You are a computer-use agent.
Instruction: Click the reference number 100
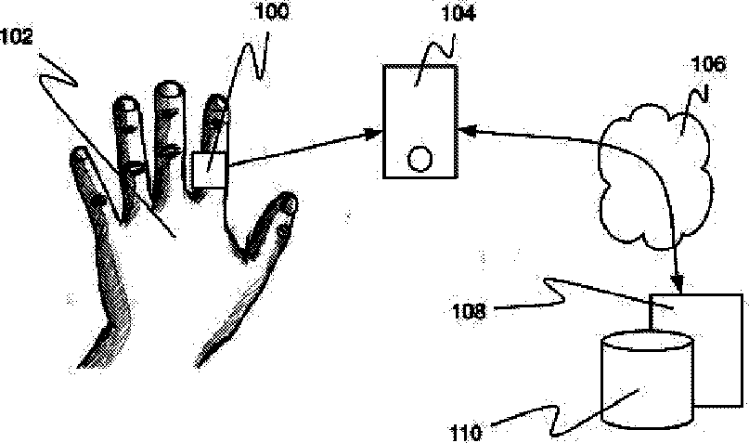(x=272, y=11)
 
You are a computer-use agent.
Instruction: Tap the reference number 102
(x=17, y=37)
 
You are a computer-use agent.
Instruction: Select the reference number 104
(x=458, y=13)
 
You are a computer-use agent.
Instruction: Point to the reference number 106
(x=708, y=64)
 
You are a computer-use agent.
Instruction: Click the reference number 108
(x=469, y=311)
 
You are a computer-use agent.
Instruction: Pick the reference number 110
(x=466, y=433)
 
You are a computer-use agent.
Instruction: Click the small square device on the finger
(x=209, y=170)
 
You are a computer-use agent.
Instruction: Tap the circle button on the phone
(x=420, y=159)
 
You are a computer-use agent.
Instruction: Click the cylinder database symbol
(x=647, y=380)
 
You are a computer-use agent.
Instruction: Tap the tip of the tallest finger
(x=169, y=86)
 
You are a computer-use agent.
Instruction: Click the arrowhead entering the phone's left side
(x=374, y=134)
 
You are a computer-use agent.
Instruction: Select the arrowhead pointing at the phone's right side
(x=468, y=130)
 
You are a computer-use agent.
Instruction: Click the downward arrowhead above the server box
(x=677, y=282)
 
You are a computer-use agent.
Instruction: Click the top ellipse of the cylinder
(x=647, y=343)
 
